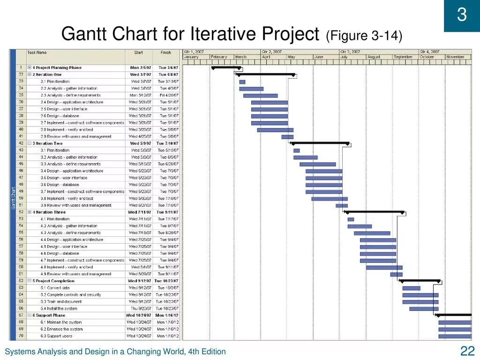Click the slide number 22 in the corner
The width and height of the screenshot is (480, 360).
click(468, 351)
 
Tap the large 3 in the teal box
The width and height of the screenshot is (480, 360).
click(462, 15)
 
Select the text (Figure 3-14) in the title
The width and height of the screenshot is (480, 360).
click(364, 36)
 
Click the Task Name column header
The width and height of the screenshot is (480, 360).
click(37, 52)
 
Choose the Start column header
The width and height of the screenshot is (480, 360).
click(138, 52)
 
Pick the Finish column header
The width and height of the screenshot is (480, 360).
click(165, 52)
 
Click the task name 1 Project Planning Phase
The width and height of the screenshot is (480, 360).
click(57, 67)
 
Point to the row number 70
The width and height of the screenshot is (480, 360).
click(21, 336)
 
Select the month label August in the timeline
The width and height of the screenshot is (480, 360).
click(374, 57)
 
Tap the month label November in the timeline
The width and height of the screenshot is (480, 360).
click(455, 57)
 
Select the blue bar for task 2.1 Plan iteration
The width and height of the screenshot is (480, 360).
click(242, 82)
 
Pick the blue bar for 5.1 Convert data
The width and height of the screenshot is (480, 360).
click(411, 288)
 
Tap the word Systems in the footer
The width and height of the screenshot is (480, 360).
click(18, 352)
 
